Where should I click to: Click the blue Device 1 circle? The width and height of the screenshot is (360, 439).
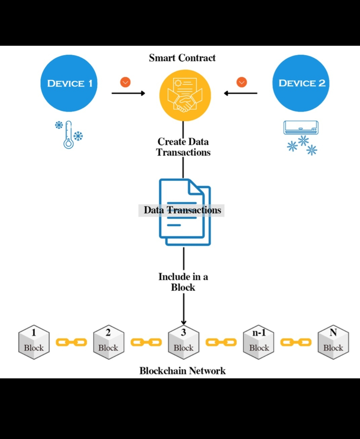click(x=69, y=83)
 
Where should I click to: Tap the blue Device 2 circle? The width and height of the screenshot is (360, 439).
click(x=301, y=83)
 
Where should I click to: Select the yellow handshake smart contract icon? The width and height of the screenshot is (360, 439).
click(x=185, y=96)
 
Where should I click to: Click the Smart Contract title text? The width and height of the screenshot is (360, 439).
click(x=182, y=58)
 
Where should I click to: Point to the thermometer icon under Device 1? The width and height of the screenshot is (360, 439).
click(x=69, y=135)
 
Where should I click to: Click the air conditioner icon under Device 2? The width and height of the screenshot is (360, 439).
click(x=301, y=128)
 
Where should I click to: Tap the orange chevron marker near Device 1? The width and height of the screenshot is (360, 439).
click(x=125, y=82)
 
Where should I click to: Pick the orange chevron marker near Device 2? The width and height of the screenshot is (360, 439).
click(x=242, y=82)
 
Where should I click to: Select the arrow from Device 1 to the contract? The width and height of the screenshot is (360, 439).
click(x=128, y=93)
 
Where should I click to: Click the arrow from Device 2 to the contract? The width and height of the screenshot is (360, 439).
click(x=241, y=93)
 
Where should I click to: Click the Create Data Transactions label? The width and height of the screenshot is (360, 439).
click(x=183, y=147)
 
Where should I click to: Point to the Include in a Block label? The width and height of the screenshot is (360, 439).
click(x=183, y=282)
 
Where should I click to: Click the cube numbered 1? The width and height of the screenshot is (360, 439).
click(x=34, y=342)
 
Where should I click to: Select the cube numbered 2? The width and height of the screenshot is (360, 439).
click(x=109, y=342)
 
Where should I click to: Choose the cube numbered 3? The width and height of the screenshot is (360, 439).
click(x=184, y=342)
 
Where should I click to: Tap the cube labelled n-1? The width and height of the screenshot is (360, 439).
click(x=258, y=342)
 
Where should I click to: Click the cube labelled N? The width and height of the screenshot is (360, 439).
click(x=333, y=342)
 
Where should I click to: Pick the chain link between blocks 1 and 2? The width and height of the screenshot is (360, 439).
click(x=71, y=342)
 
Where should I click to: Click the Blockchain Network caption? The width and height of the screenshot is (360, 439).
click(x=183, y=371)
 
